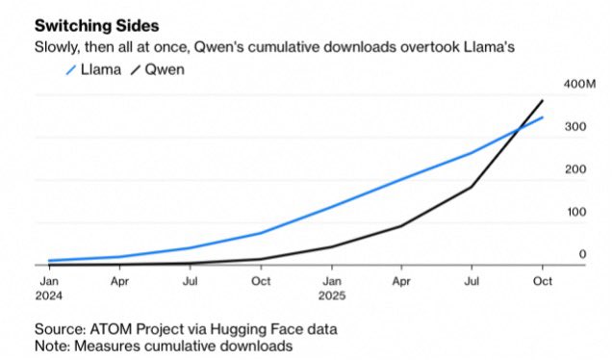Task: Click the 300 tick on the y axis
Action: click(574, 128)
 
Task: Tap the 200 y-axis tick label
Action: click(574, 170)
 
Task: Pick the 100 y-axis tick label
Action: click(574, 212)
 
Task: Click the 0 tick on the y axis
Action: click(582, 254)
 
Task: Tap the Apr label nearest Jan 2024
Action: click(119, 281)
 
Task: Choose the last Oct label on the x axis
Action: click(543, 281)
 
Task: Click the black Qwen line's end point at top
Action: click(543, 100)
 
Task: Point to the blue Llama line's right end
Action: click(543, 117)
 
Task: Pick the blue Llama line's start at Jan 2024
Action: click(49, 260)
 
